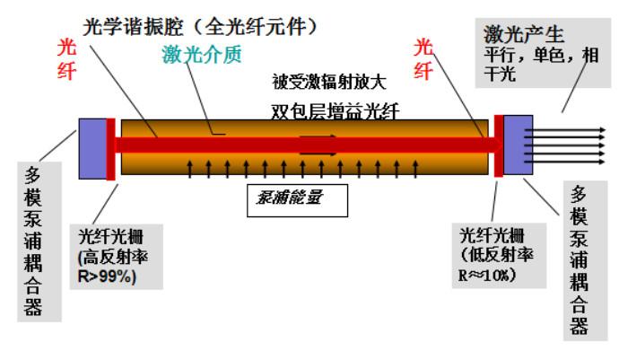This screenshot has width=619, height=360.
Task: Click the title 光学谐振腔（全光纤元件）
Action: click(x=199, y=25)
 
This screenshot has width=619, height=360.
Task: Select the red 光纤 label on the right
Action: click(x=424, y=56)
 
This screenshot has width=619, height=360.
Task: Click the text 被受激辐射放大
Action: click(x=328, y=83)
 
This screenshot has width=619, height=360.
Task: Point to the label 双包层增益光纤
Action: click(x=335, y=111)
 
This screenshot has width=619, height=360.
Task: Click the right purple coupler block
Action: click(x=519, y=144)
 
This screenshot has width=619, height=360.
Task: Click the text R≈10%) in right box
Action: click(x=488, y=275)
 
